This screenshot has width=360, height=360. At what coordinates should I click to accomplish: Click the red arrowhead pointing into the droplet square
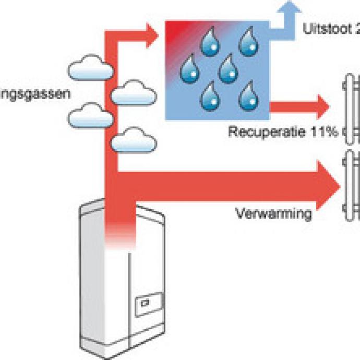point(151,35)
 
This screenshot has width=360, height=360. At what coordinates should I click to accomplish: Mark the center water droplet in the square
point(227,68)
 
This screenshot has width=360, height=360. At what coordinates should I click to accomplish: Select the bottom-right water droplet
point(246,94)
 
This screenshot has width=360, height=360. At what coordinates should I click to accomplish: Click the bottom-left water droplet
point(209,95)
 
